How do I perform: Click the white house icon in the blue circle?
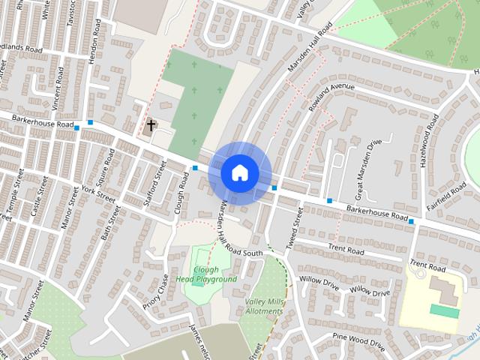[x=239, y=172]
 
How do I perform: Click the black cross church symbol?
[x=151, y=125]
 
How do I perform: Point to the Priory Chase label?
[x=157, y=292]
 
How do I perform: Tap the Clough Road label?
[x=181, y=193]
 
